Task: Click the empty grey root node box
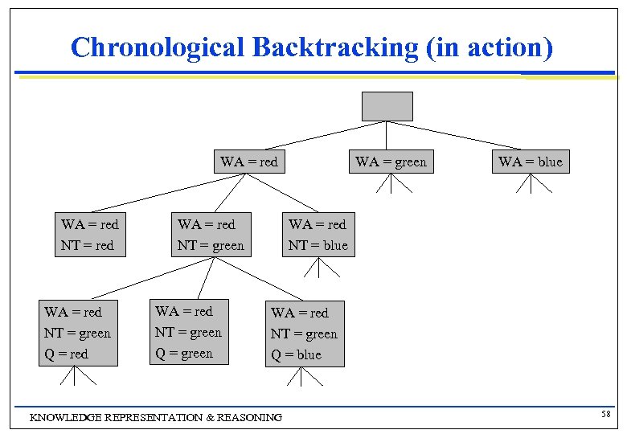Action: (387, 106)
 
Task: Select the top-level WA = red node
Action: (248, 162)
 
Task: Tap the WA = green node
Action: (391, 162)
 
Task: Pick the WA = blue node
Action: (531, 162)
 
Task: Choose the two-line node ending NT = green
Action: (211, 235)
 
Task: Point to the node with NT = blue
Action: (318, 235)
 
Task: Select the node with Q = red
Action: (77, 333)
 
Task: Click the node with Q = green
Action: (189, 332)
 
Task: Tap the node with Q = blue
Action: (304, 334)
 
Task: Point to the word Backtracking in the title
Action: (335, 47)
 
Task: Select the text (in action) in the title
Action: (490, 47)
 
